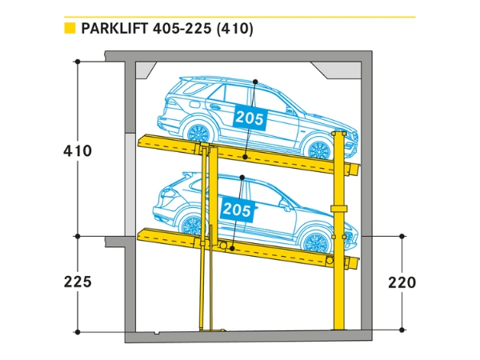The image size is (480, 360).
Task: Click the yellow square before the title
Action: (x=70, y=30)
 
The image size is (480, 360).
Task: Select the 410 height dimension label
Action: (x=78, y=150)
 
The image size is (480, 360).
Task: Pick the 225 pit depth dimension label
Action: (x=78, y=282)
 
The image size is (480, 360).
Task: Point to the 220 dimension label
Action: (x=402, y=282)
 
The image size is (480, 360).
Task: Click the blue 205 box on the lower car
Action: (x=237, y=210)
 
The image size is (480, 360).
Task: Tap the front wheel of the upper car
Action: (x=319, y=149)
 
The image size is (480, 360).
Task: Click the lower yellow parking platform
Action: (x=248, y=248)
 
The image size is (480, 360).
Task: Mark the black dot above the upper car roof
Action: (x=254, y=82)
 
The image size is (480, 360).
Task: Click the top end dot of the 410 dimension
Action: (x=78, y=62)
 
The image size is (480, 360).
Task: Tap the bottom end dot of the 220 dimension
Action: (x=402, y=329)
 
